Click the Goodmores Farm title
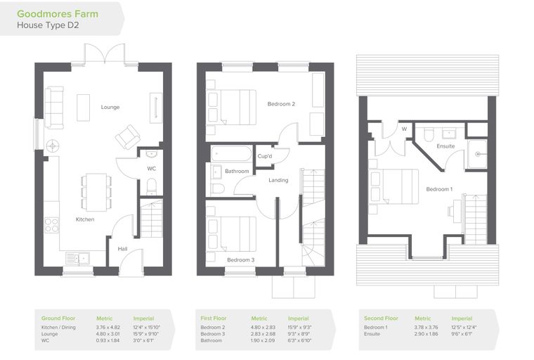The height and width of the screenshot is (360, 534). [58, 14]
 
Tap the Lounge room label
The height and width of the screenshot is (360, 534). [110, 107]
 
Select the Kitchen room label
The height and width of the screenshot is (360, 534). [85, 219]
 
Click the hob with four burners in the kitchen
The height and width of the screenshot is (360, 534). [51, 225]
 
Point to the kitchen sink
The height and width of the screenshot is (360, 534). [77, 259]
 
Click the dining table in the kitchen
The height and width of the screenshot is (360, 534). [96, 192]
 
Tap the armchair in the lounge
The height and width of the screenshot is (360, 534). [128, 137]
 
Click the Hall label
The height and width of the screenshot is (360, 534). [122, 249]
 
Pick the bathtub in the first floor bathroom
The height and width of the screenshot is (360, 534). [231, 154]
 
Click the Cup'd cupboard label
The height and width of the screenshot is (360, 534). [265, 156]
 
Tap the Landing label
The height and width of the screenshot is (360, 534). [278, 180]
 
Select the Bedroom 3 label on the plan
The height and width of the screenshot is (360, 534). [241, 259]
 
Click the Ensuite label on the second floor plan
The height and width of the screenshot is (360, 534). [445, 146]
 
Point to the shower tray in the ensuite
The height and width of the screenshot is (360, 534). [477, 154]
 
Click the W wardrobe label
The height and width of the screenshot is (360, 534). [404, 129]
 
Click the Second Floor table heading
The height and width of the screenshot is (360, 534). [381, 318]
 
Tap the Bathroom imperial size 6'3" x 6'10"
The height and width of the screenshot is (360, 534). [299, 340]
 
